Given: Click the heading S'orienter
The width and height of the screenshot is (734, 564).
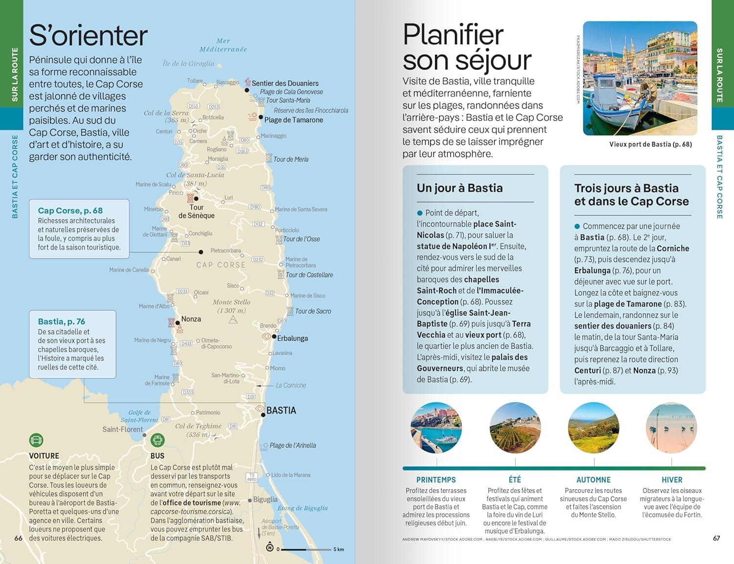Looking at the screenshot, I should click(88, 36).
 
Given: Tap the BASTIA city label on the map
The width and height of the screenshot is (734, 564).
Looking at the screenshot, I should click(281, 410).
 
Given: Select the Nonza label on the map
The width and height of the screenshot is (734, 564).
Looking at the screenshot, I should click(191, 319).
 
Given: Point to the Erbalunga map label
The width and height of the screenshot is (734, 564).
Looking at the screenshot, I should click(293, 338).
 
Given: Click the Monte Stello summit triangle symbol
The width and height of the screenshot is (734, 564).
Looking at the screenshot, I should click(233, 320).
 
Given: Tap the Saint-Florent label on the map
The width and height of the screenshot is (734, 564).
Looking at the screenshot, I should click(122, 429).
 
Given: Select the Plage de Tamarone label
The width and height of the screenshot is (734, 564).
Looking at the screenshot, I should click(294, 120).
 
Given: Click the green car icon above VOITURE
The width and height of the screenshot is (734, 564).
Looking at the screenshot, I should click(36, 440).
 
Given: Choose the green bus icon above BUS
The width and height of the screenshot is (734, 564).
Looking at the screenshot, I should click(158, 440).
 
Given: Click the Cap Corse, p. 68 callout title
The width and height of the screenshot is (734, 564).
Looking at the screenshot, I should click(70, 210).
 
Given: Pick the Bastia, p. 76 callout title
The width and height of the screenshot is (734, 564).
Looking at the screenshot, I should click(61, 321).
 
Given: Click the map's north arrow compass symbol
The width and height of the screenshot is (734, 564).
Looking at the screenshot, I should click(269, 547).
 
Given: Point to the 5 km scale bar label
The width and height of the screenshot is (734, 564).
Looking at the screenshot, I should click(339, 549).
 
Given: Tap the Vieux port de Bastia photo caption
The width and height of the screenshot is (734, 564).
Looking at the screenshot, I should click(650, 144).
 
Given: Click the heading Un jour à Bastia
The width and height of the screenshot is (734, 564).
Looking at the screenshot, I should click(459, 188).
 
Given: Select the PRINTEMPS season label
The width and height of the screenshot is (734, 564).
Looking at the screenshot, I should click(436, 480).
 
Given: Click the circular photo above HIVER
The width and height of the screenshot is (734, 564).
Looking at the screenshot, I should click(671, 428).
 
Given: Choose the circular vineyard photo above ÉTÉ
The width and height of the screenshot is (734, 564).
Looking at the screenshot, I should click(515, 428).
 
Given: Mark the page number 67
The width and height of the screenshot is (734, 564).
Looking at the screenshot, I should click(716, 538).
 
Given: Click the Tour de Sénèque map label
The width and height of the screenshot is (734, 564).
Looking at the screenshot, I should click(196, 211).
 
